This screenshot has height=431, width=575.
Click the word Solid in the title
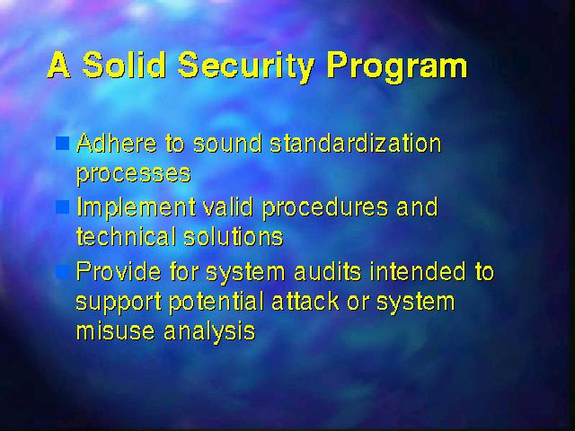coord(124,65)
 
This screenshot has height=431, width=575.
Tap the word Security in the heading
coord(246,67)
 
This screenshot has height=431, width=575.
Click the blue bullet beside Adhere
coord(62,144)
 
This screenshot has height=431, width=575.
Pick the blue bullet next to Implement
coord(62,207)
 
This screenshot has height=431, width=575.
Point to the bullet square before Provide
coord(62,271)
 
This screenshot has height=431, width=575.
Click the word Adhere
coord(117,143)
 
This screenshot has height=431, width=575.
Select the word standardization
coord(356,143)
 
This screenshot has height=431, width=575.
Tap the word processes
coord(134,174)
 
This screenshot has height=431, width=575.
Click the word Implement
coord(136,208)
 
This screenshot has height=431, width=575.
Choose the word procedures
coord(325,208)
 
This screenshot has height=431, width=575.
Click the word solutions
coord(234,236)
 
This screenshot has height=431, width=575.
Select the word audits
coord(328,271)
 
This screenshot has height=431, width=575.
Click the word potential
coord(216,303)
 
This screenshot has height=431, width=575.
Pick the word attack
coord(305,302)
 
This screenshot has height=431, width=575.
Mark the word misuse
coord(115,331)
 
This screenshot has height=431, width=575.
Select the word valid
coord(227,207)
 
